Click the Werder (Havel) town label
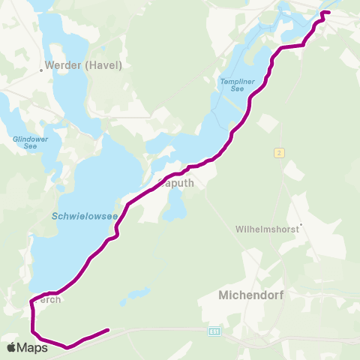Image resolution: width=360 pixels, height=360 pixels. [84, 65]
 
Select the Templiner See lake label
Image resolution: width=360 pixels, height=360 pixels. [232, 85]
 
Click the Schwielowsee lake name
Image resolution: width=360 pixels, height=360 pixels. [85, 216]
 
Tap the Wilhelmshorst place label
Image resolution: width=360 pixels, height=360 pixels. [266, 228]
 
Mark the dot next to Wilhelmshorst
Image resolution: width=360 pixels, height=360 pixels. [300, 223]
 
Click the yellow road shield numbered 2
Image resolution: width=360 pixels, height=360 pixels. [278, 153]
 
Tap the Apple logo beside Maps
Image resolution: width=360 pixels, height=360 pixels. [12, 347]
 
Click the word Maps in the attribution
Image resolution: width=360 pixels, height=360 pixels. [32, 347]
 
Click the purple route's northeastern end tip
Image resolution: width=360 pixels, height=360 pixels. [328, 13]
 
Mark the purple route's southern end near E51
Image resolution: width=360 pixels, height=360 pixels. [109, 329]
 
